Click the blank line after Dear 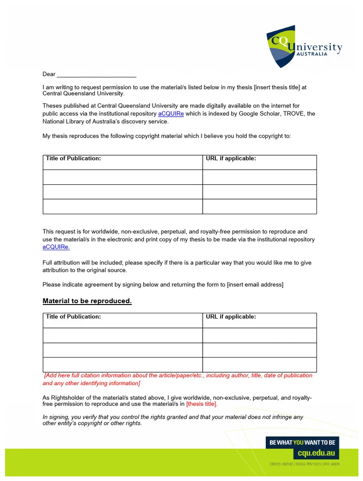[x=96, y=75]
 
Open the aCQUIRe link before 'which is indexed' [x=171, y=114]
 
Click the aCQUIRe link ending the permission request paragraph [x=56, y=247]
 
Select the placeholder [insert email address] [x=255, y=285]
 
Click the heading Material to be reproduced [x=87, y=301]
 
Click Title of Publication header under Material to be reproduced [x=73, y=317]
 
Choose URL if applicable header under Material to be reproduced [x=231, y=317]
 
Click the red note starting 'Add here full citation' [x=177, y=379]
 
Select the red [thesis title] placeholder [x=202, y=405]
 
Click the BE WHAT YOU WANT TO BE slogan [x=302, y=442]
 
